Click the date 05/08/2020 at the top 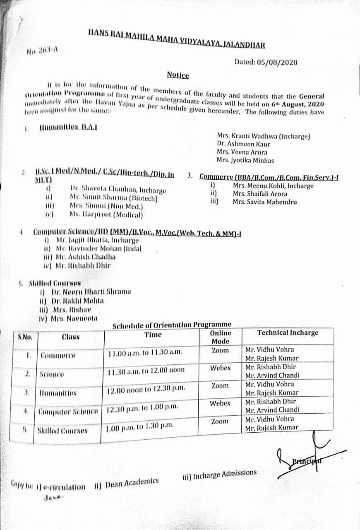tap(280, 63)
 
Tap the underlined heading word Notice tap(178, 75)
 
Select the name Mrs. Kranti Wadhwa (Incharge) tap(264, 136)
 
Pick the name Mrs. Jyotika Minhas tap(245, 160)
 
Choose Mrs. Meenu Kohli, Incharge tap(273, 186)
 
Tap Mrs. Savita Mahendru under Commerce tap(264, 202)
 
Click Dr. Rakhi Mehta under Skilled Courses tap(77, 301)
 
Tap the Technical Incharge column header tap(288, 333)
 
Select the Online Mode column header tap(220, 337)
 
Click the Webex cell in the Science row tap(220, 368)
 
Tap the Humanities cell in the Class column tap(58, 392)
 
